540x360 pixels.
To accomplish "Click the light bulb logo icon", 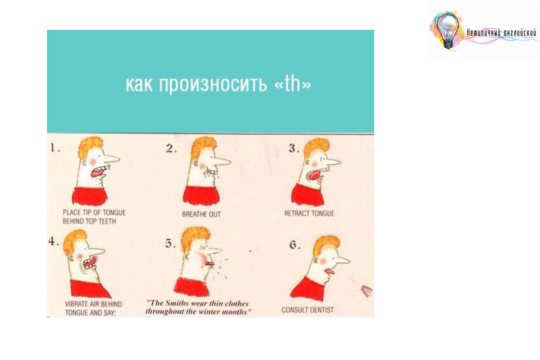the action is (x=448, y=30).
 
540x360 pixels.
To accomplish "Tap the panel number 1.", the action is (x=55, y=148).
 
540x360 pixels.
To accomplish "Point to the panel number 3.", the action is (x=294, y=149).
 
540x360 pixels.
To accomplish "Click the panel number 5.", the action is (x=170, y=243).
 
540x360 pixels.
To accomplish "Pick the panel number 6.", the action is (x=294, y=244).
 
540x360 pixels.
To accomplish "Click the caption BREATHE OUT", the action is (x=201, y=215).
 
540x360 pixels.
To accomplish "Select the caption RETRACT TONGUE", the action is (x=309, y=213).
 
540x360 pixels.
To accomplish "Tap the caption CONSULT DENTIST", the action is (x=307, y=310).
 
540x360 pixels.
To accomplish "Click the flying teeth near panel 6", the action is (x=367, y=291).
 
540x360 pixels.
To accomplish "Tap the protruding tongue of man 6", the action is (x=329, y=273).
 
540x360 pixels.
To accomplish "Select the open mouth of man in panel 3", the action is (x=314, y=175).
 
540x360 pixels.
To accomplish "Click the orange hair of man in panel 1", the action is (x=91, y=147).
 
